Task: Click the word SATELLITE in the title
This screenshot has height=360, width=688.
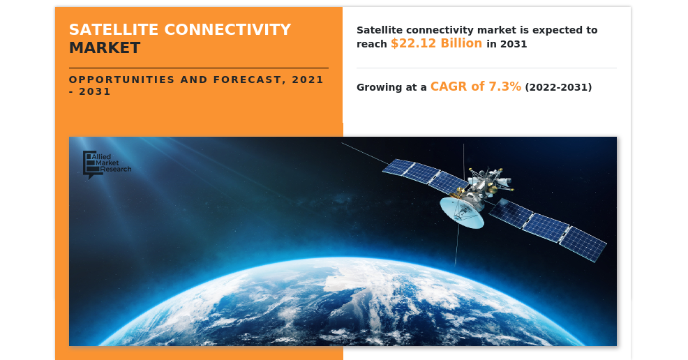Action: [114, 30]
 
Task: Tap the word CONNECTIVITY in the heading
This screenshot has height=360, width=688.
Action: [227, 30]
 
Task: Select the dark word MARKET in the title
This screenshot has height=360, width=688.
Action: [105, 48]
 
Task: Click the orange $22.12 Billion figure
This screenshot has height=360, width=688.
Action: [437, 43]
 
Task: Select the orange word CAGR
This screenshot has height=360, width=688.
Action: [449, 87]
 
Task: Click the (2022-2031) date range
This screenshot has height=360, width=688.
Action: [558, 87]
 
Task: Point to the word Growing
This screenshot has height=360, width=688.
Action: [379, 88]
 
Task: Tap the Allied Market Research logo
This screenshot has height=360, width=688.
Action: [107, 165]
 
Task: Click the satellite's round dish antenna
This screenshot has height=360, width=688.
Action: [462, 213]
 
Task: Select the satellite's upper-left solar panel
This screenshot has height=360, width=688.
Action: [425, 175]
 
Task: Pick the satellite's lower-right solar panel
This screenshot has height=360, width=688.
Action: [548, 230]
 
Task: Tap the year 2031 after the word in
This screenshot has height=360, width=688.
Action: [514, 44]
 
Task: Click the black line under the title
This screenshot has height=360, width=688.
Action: [199, 68]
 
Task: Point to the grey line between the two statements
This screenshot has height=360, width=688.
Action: [486, 68]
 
